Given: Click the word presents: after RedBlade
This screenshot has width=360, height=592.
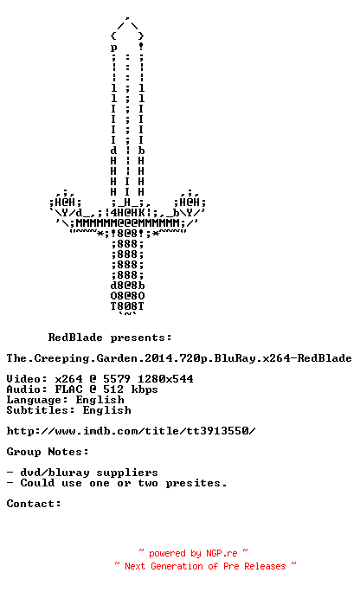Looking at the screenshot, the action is point(141,338).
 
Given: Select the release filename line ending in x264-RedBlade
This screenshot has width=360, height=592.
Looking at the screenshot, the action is point(179,358).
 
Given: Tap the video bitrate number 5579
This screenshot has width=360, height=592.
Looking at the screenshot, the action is point(117,379).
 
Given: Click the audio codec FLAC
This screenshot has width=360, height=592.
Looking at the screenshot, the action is point(68,389).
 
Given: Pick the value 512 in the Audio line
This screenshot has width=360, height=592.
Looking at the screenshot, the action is point(113,389).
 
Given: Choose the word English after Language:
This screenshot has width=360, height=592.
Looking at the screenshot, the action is point(100,400).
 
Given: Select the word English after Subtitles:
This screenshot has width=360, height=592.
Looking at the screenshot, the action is point(106,410).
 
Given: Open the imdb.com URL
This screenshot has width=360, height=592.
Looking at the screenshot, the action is point(131,431).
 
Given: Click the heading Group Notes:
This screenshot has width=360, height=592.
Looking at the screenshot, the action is point(48,452).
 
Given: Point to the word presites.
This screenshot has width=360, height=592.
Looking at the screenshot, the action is point(196,483).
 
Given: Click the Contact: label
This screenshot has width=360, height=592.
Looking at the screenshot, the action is point(34,504).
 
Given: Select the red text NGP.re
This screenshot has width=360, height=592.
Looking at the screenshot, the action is point(222,554).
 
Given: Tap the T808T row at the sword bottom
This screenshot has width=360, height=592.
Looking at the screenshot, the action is point(127,306).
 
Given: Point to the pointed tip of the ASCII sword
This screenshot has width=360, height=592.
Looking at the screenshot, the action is point(127,17).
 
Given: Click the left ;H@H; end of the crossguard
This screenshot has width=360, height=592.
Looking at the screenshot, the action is point(65,203).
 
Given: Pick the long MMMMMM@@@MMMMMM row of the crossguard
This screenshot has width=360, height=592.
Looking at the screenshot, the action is point(127,223).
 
